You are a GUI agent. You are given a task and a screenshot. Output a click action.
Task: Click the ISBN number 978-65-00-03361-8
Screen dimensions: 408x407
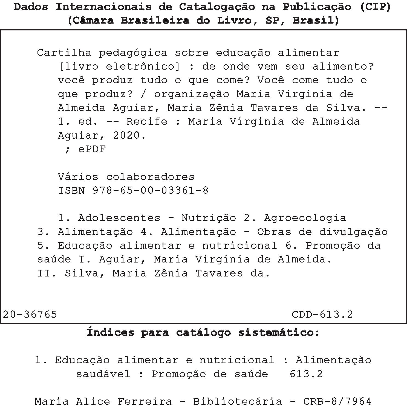(x=151, y=190)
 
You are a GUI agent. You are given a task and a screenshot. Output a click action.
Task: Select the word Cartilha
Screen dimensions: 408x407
(x=64, y=53)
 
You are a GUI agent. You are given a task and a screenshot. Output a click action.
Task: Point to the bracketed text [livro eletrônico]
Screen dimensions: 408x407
(x=119, y=66)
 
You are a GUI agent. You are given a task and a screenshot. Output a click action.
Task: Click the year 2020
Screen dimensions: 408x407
(x=129, y=135)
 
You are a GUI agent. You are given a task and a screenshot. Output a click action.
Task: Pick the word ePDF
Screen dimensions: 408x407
(x=92, y=149)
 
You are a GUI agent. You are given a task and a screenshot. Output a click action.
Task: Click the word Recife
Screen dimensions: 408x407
(x=147, y=121)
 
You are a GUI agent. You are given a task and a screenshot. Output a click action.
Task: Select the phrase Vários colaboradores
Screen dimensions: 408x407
(x=126, y=177)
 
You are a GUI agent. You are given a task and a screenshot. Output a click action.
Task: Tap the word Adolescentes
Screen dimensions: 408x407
(x=119, y=218)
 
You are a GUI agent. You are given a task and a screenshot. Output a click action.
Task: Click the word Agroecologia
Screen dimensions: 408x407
(x=305, y=218)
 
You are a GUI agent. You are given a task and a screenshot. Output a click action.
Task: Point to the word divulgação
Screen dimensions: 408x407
(x=353, y=232)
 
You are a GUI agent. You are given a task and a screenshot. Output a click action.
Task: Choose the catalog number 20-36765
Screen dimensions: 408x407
(x=30, y=314)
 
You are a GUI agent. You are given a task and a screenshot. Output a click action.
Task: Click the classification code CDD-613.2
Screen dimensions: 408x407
(x=322, y=314)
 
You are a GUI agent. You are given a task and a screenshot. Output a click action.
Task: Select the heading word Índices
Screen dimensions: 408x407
(x=111, y=332)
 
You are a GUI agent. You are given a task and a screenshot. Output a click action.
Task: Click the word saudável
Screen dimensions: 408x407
(x=103, y=374)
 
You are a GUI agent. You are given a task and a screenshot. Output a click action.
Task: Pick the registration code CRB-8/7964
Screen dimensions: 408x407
(x=337, y=401)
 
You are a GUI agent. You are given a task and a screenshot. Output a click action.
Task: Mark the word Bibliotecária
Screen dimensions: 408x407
(x=237, y=401)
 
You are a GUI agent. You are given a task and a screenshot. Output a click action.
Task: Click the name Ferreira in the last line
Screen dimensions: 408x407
(x=145, y=401)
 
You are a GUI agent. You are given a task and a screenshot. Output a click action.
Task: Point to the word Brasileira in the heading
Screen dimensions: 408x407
(x=155, y=21)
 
